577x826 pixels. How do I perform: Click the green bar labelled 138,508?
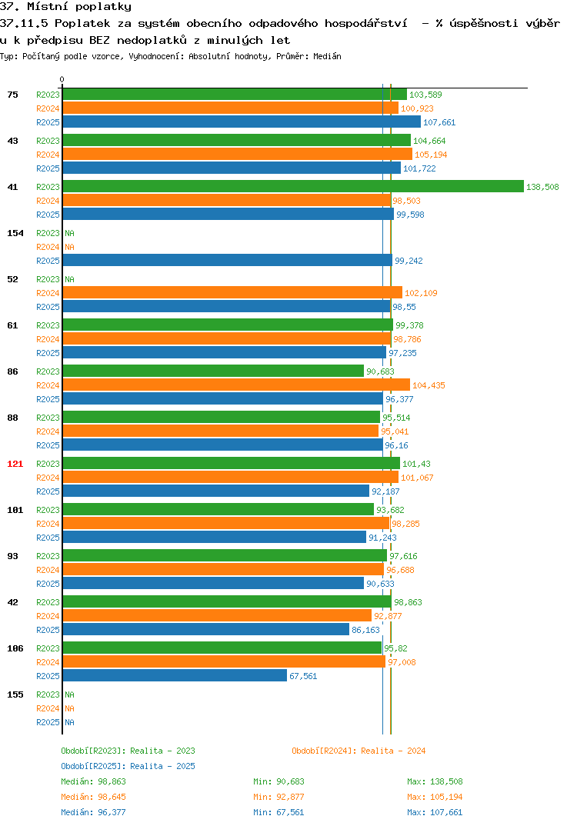click(x=294, y=186)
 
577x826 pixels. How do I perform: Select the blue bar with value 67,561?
click(x=175, y=675)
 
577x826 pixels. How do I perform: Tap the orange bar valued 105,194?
click(x=238, y=155)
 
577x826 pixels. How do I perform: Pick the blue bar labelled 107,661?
click(x=242, y=122)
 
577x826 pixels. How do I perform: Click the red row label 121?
click(x=15, y=464)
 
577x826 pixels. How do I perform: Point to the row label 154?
click(x=15, y=233)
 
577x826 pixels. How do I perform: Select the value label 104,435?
click(x=429, y=385)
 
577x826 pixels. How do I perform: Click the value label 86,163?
click(x=365, y=630)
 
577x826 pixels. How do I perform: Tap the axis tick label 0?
click(x=62, y=79)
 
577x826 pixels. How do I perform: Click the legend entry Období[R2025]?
click(x=91, y=766)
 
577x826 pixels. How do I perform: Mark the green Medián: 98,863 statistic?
click(x=93, y=781)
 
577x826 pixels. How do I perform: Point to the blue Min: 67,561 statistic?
click(x=278, y=812)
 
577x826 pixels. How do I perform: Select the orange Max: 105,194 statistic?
click(x=435, y=797)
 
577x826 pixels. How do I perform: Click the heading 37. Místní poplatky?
click(x=65, y=7)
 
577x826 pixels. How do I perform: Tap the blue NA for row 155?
click(x=69, y=722)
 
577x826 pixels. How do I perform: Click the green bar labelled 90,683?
click(x=213, y=371)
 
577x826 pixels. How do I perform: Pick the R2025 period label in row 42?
click(x=48, y=630)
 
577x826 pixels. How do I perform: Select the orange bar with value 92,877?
click(x=217, y=615)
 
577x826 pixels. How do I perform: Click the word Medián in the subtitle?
click(x=327, y=56)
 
